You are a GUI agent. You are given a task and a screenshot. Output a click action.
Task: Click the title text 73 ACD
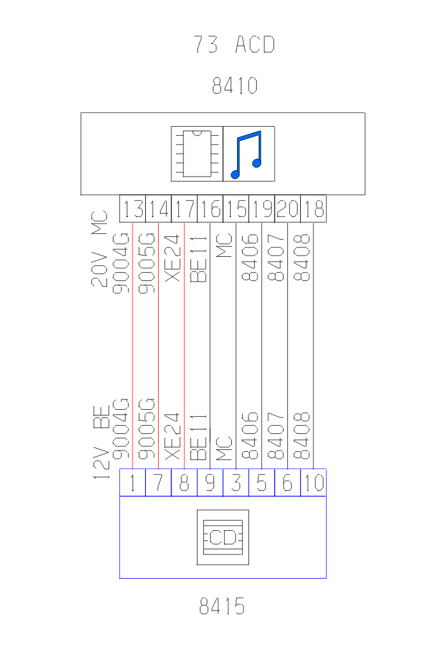pos(234,45)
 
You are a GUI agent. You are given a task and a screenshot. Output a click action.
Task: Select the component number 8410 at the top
pos(234,85)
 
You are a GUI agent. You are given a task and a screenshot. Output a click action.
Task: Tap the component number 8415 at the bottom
pos(222,606)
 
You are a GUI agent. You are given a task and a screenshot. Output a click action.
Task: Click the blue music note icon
pos(248,154)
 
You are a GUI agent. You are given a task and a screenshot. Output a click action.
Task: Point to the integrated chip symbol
pos(197,154)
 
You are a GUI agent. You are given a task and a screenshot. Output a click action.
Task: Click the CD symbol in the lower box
pos(222,537)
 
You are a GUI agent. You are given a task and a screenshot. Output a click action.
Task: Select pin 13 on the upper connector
pos(133,209)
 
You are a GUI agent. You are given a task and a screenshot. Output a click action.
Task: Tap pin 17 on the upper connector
pos(184,209)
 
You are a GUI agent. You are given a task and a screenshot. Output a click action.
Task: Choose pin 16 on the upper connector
pos(210,209)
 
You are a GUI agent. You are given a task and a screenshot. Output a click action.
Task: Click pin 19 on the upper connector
pos(262,209)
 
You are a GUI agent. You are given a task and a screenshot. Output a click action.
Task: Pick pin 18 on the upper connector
pos(313,209)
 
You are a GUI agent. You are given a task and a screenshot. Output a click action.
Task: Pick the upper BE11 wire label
pos(199,259)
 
